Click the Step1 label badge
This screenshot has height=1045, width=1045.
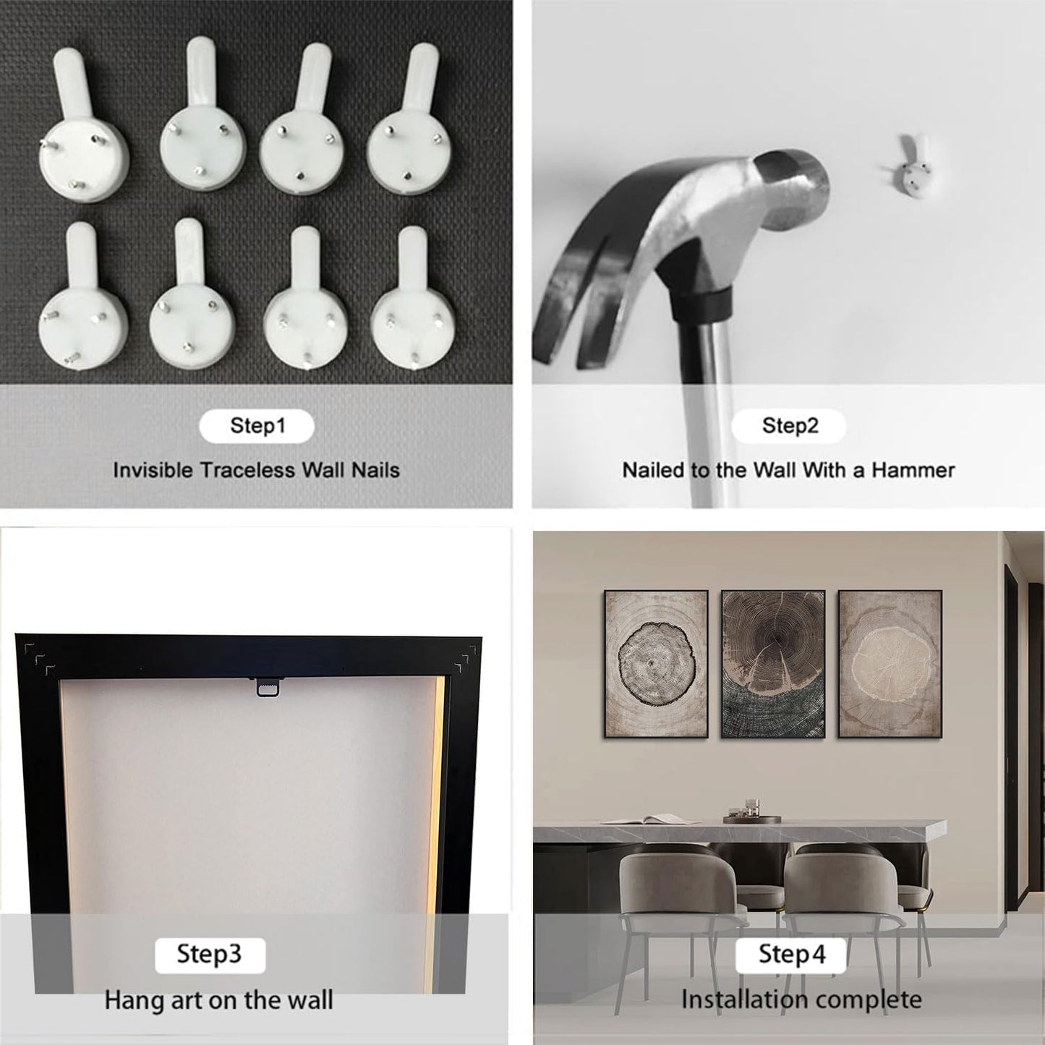257,426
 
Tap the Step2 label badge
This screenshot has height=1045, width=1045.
789,426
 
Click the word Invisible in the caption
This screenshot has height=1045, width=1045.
153,470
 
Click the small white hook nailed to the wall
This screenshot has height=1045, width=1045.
912,169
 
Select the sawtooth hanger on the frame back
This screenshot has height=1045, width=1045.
265,686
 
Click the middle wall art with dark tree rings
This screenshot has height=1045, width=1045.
773,665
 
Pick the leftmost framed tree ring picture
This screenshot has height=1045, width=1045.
656,665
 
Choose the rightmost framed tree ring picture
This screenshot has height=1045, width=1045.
890,665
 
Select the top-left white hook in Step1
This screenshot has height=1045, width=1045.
82,124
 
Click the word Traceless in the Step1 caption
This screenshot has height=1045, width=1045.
248,470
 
